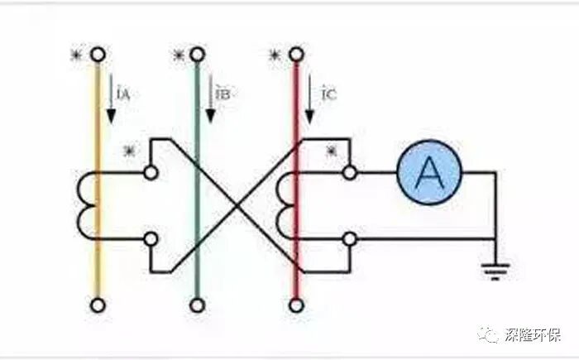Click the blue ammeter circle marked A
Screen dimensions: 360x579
[428, 172]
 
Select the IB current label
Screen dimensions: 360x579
[222, 94]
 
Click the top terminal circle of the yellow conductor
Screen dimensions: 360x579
[98, 55]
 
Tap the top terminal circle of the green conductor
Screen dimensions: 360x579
[197, 55]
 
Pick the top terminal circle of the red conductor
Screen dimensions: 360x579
[295, 55]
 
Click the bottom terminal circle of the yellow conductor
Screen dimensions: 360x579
[98, 305]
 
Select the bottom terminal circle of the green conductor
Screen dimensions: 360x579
[197, 305]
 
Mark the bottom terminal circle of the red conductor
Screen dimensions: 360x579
[295, 305]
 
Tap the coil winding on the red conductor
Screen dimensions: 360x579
[285, 205]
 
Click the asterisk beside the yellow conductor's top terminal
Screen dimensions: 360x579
[76, 55]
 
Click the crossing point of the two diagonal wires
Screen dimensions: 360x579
[236, 204]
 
